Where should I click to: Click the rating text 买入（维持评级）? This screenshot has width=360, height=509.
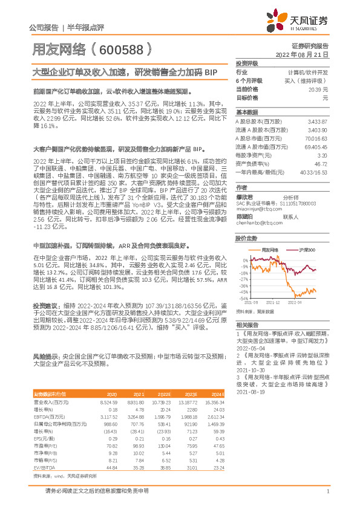307,80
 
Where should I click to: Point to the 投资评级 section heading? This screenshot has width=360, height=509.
246,63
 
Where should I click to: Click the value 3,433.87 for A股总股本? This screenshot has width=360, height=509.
317,122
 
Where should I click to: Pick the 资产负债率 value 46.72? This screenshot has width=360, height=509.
321,163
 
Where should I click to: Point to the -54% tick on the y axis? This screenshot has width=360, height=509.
243,299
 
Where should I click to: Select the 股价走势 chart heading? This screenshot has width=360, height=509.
246,239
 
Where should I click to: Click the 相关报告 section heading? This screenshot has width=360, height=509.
246,325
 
